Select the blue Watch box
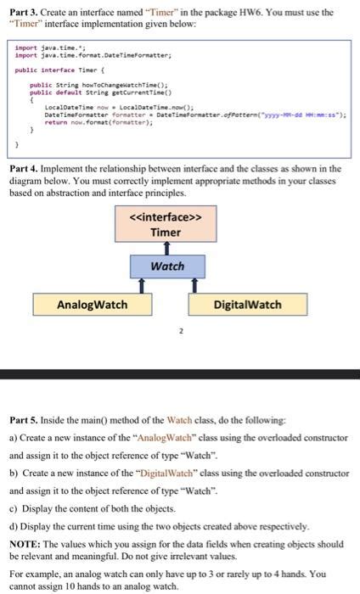167,266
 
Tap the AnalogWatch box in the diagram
92,304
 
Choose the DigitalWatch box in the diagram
247,304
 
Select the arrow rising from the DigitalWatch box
194,285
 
